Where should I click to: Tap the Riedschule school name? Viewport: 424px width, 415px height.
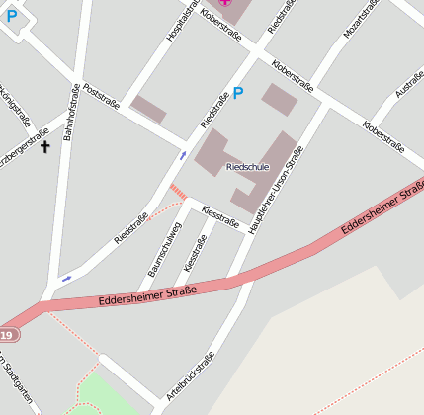pos(247,168)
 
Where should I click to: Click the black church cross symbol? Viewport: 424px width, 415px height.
pos(44,148)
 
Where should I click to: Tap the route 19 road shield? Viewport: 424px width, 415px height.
pos(6,336)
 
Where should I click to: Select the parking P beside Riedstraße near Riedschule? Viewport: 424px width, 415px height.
pos(237,94)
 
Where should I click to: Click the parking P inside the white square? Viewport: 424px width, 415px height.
pos(11,15)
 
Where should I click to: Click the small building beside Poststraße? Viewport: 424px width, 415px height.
pos(149,109)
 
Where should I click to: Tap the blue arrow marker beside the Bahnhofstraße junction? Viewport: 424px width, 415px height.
pos(66,279)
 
